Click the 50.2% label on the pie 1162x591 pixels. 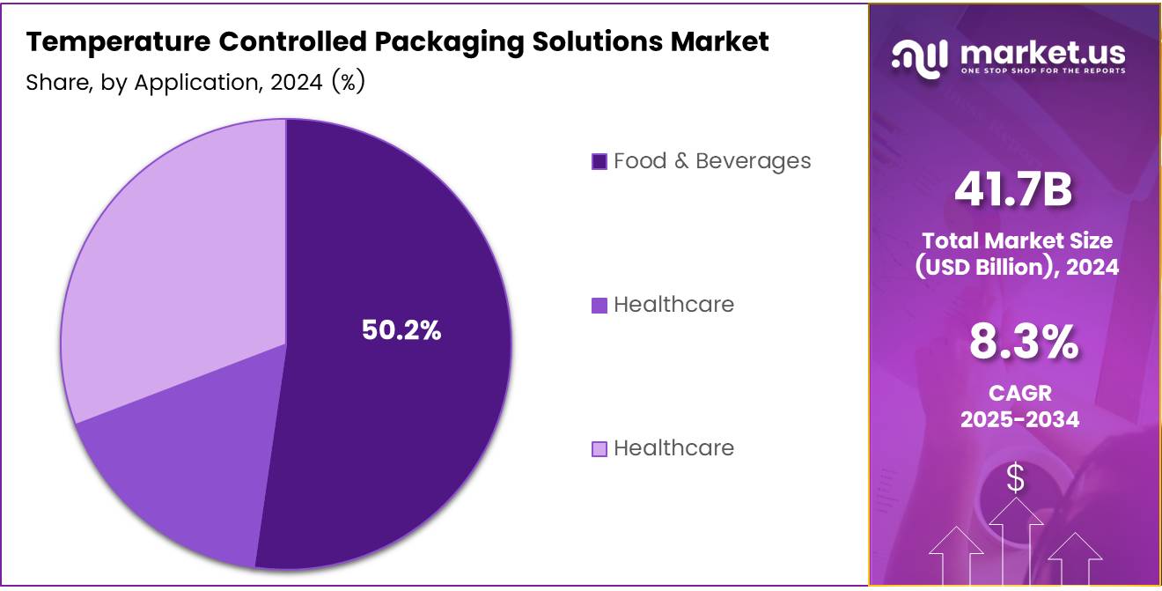coord(401,330)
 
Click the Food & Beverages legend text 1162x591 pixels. coord(712,161)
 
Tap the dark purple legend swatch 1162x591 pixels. coord(599,162)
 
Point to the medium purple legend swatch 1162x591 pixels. coord(599,306)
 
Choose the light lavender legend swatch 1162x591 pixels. coord(599,449)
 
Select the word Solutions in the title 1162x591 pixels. coord(586,41)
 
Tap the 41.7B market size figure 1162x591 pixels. coord(1014,191)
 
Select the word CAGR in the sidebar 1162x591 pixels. coord(1019,393)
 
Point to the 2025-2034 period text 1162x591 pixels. coord(1019,419)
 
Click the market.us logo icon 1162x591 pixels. coord(919,56)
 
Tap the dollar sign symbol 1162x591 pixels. coord(1016,479)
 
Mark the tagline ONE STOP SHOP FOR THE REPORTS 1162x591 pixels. coord(1042,70)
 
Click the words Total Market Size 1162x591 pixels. coord(1017,240)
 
